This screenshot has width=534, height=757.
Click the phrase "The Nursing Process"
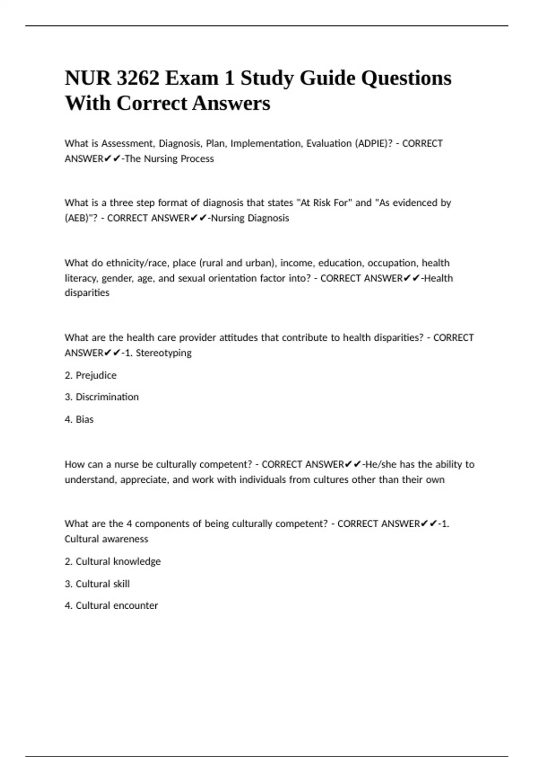(x=169, y=159)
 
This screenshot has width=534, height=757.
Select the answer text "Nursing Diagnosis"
(x=250, y=218)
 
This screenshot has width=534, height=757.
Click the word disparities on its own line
(x=87, y=293)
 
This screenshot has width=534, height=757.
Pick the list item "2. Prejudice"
(x=90, y=375)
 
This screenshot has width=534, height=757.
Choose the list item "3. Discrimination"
(x=101, y=397)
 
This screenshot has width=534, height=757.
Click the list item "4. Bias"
(x=79, y=419)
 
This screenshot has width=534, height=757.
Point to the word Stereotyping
(x=163, y=353)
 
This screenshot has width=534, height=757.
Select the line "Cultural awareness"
(x=106, y=539)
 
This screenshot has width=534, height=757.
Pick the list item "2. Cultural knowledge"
(x=113, y=562)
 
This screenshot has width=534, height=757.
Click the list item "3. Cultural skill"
(x=97, y=584)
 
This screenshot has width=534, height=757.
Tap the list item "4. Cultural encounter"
(x=111, y=606)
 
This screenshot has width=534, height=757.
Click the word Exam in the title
(x=192, y=78)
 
